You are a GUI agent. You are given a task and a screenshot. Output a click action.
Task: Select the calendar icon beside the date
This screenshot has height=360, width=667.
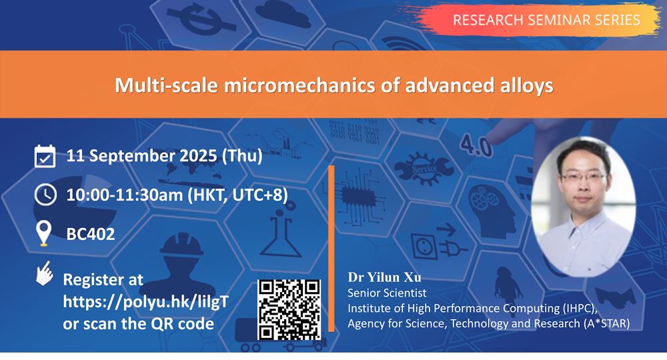point(45,157)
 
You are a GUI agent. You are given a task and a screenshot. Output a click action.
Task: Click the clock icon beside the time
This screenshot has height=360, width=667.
point(45,195)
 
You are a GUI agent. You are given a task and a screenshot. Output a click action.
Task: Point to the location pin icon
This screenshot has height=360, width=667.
point(44,233)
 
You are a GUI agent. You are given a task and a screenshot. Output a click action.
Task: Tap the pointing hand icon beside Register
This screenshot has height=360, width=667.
point(44,275)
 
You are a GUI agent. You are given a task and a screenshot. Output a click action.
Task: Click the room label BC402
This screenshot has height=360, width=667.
point(91,234)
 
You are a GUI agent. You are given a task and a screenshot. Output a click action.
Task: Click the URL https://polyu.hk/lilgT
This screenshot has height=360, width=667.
point(145,301)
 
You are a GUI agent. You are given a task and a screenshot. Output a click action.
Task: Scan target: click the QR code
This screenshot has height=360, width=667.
point(289,309)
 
